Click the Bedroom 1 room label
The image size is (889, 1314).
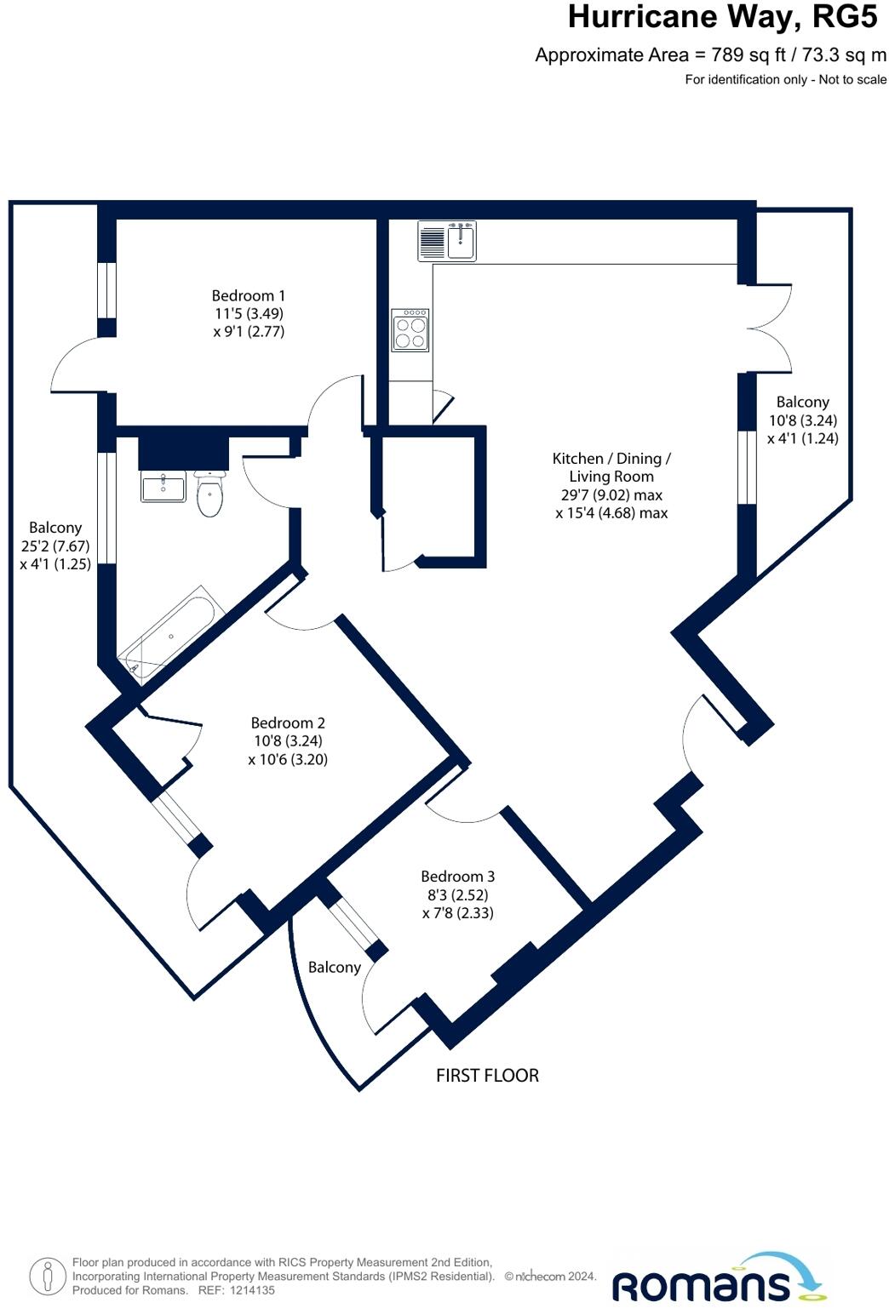click(249, 296)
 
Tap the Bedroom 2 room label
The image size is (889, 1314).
click(288, 723)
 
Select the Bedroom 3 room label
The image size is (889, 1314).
click(457, 877)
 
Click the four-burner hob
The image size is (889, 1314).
click(410, 330)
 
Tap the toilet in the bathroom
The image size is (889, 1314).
click(209, 494)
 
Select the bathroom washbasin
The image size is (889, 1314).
click(163, 487)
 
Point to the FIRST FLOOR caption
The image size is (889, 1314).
click(487, 1076)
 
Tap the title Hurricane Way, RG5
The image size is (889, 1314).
click(722, 17)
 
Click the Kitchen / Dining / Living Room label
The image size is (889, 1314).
click(611, 467)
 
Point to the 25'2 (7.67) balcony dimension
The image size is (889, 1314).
click(55, 546)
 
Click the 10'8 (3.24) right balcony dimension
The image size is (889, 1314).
click(802, 420)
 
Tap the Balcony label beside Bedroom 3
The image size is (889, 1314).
click(334, 968)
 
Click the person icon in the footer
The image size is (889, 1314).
click(48, 1277)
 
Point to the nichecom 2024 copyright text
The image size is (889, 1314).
click(550, 1277)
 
